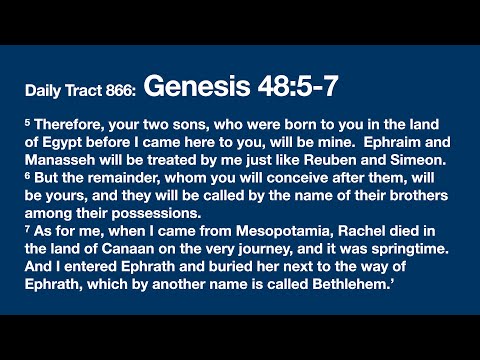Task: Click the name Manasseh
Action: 59,157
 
